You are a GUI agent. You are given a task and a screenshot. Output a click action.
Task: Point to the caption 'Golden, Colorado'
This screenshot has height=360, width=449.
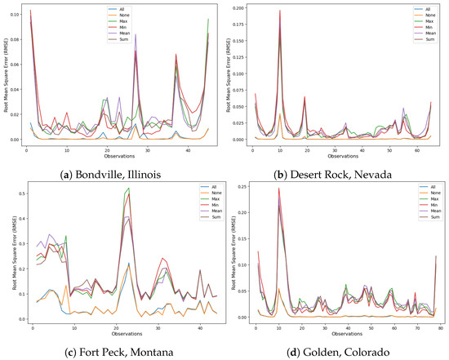[x=343, y=351]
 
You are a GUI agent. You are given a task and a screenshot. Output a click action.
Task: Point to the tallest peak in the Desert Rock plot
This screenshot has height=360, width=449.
[x=279, y=11]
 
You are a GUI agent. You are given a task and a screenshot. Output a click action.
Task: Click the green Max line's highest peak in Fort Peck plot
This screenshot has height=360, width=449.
[x=128, y=189]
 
